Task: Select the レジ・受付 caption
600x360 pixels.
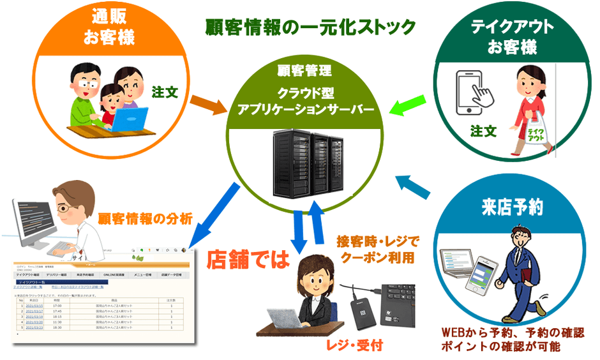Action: (x=347, y=345)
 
